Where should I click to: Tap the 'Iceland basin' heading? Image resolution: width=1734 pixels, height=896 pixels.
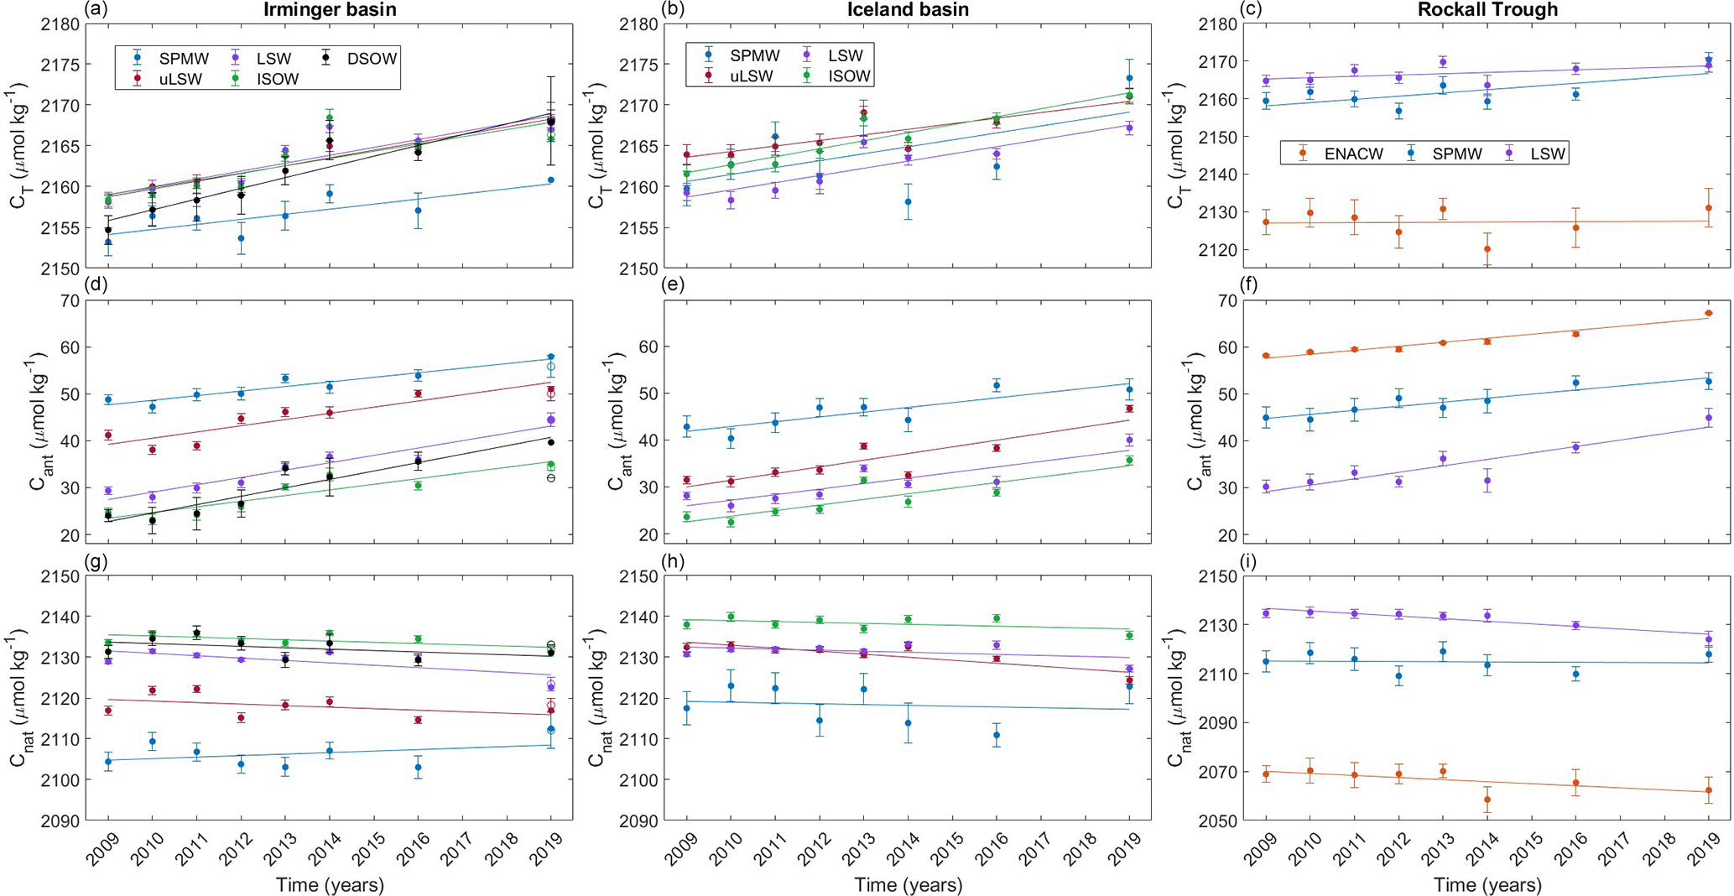tap(908, 10)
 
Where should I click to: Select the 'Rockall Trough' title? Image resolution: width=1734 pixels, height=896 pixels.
tap(1487, 10)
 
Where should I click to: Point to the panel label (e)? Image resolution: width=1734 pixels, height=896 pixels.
tap(673, 284)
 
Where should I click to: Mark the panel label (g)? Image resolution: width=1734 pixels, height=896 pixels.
tap(95, 561)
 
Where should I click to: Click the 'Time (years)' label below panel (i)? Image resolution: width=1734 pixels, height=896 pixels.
tap(1487, 884)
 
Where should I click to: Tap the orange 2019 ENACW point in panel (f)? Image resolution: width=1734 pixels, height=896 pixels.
tap(1709, 314)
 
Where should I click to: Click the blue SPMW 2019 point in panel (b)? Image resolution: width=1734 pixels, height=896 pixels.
tap(1129, 78)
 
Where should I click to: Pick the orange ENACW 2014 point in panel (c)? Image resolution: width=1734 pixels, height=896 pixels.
tap(1487, 249)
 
